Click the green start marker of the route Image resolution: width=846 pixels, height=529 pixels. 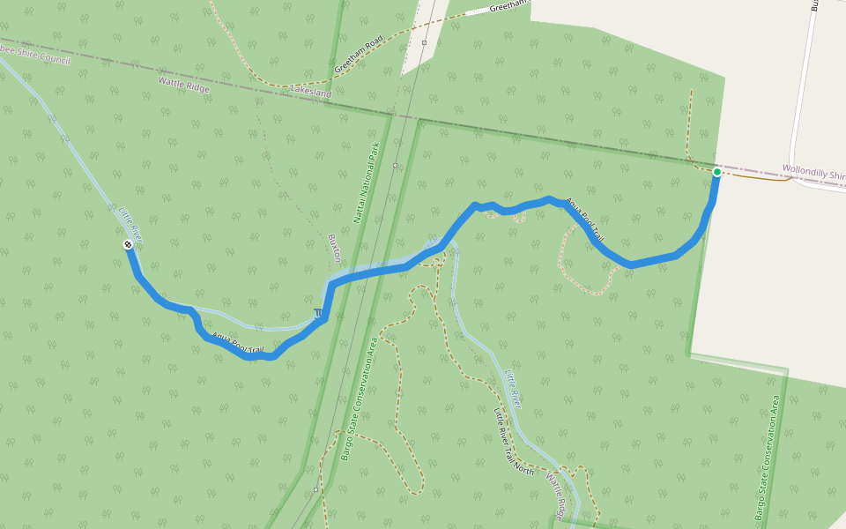tap(716, 172)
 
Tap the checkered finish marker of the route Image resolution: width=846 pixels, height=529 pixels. tap(129, 244)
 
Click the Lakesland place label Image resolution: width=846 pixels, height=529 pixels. tap(311, 90)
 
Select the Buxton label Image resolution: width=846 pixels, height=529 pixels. tap(335, 249)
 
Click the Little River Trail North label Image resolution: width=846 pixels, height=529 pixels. tap(514, 443)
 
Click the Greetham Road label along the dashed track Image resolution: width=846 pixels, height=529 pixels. tap(359, 55)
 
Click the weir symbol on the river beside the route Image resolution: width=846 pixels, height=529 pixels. tap(317, 314)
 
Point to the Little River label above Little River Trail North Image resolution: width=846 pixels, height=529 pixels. tap(513, 388)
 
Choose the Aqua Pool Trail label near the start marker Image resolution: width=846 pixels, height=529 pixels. tap(584, 220)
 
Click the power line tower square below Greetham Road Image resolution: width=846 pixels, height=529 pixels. tap(424, 42)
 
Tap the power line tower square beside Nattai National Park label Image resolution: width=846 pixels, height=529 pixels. tap(396, 165)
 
